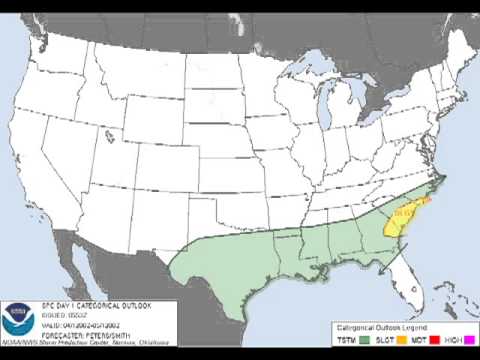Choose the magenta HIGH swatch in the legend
click(x=464, y=340)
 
